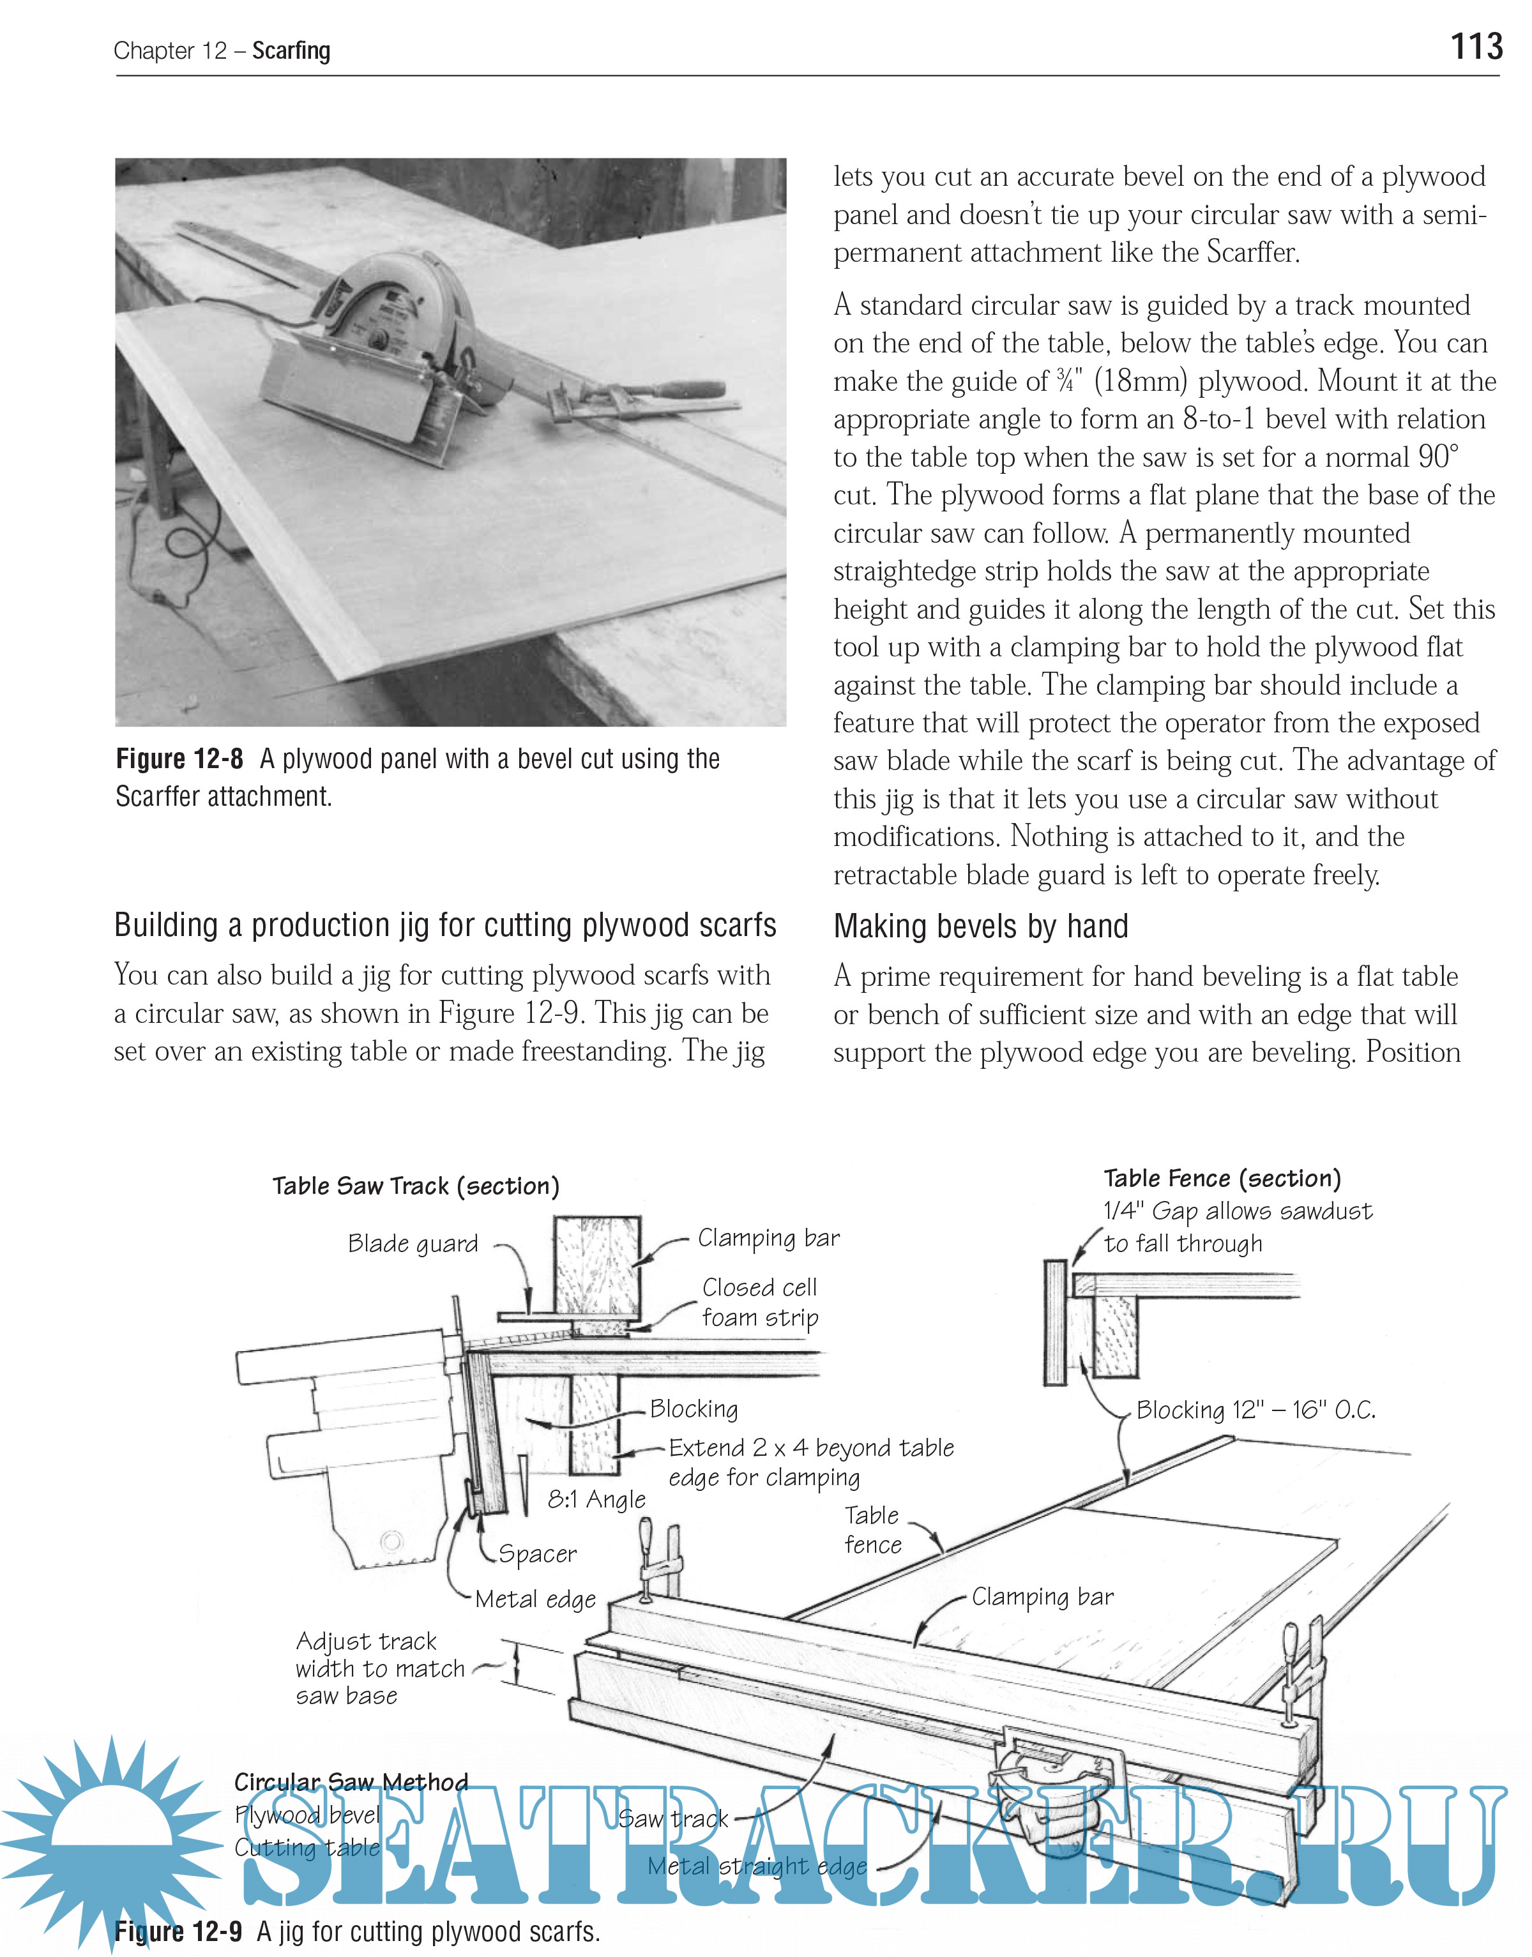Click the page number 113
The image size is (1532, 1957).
tap(1476, 47)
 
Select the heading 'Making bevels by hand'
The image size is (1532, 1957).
tap(980, 926)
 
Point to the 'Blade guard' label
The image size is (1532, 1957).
tap(413, 1244)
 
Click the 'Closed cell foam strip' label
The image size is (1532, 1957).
tap(760, 1303)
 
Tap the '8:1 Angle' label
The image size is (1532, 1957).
tap(596, 1500)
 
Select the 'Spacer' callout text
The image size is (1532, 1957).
tap(537, 1553)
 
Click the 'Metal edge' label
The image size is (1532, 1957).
tap(536, 1599)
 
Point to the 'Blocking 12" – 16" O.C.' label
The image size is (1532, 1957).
tap(1255, 1410)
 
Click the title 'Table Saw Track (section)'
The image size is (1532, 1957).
tap(415, 1186)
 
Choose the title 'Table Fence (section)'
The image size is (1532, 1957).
tap(1222, 1179)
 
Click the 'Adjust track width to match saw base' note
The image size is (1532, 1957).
tap(379, 1668)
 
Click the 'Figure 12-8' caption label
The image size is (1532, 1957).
tap(179, 760)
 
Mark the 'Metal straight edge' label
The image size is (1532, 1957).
tap(757, 1866)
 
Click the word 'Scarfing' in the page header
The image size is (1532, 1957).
tap(291, 51)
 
